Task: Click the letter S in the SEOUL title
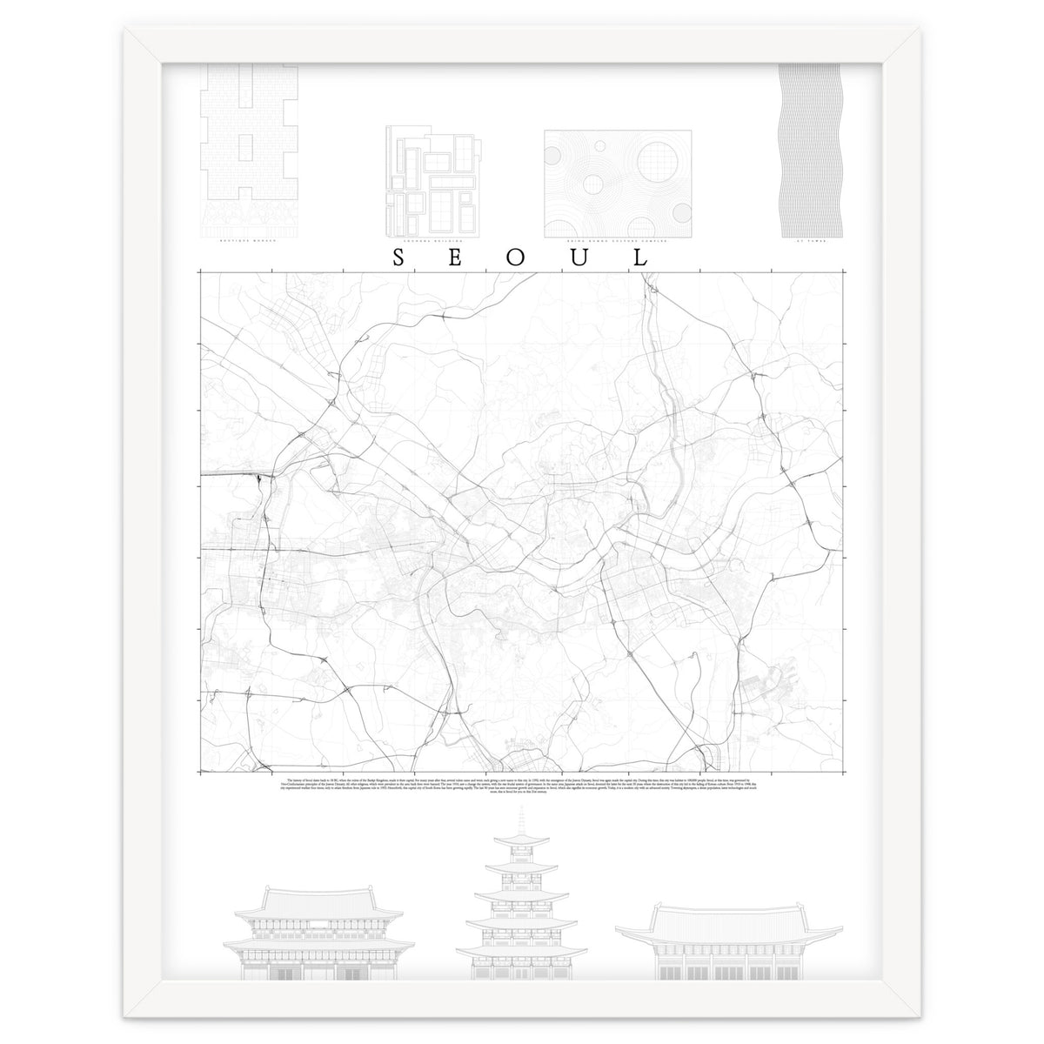point(398,258)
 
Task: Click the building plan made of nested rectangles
point(431,182)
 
